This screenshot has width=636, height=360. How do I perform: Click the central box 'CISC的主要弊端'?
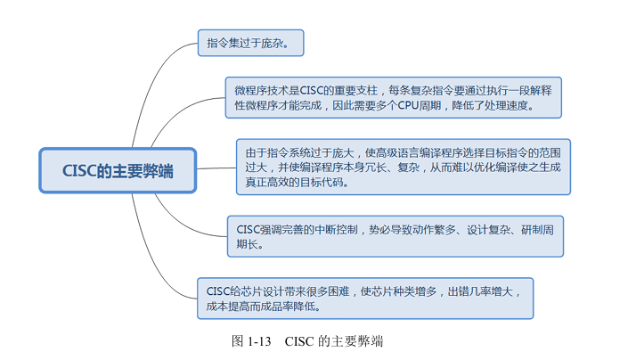point(117,170)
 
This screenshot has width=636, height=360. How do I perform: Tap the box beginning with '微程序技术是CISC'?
point(393,97)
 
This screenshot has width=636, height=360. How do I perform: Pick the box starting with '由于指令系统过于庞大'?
point(403,166)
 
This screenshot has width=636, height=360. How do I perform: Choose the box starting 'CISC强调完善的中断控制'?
point(393,235)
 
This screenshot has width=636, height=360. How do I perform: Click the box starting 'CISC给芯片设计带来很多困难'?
point(366,299)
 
